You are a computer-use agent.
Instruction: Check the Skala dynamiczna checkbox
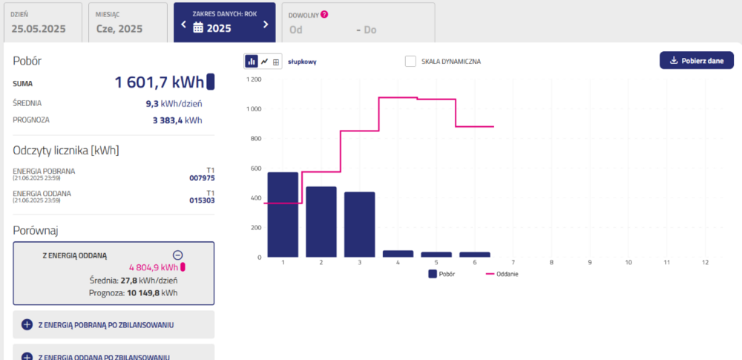coord(410,62)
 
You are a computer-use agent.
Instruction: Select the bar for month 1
coord(283,215)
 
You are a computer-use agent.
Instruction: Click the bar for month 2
coord(321,221)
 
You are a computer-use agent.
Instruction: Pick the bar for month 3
coord(359,224)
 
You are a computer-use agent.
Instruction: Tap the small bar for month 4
coord(398,254)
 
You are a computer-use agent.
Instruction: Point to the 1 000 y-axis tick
coord(254,109)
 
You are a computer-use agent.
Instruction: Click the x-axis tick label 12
coord(706,263)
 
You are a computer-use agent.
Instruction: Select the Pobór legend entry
coord(443,274)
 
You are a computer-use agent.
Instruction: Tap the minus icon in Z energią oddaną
coord(177,254)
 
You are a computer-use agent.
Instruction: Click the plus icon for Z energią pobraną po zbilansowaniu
coord(27,324)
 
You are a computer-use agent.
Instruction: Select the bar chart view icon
coord(252,62)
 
